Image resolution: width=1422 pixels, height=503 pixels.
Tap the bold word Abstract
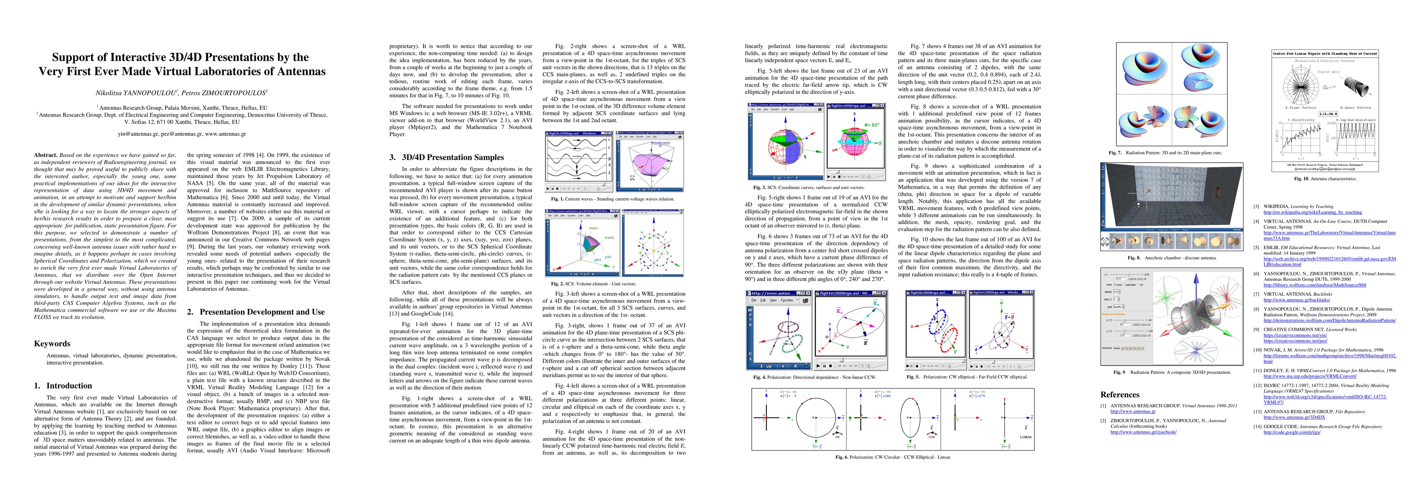[x=45, y=155]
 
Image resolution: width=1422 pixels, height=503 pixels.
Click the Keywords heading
[x=52, y=343]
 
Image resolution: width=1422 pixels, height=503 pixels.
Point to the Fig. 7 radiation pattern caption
[x=1173, y=153]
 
